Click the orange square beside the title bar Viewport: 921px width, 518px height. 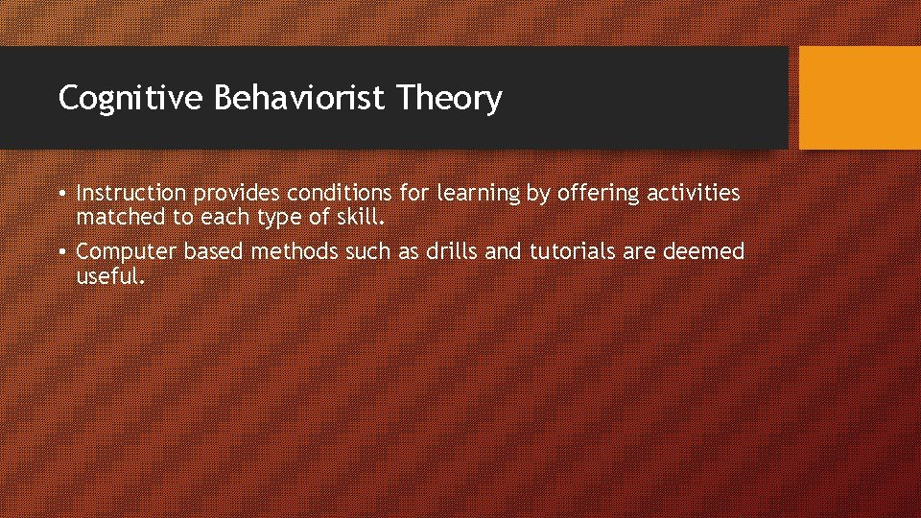(859, 98)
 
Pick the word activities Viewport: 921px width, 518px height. (693, 193)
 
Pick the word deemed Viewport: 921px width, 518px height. (702, 251)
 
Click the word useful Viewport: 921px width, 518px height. (109, 276)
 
